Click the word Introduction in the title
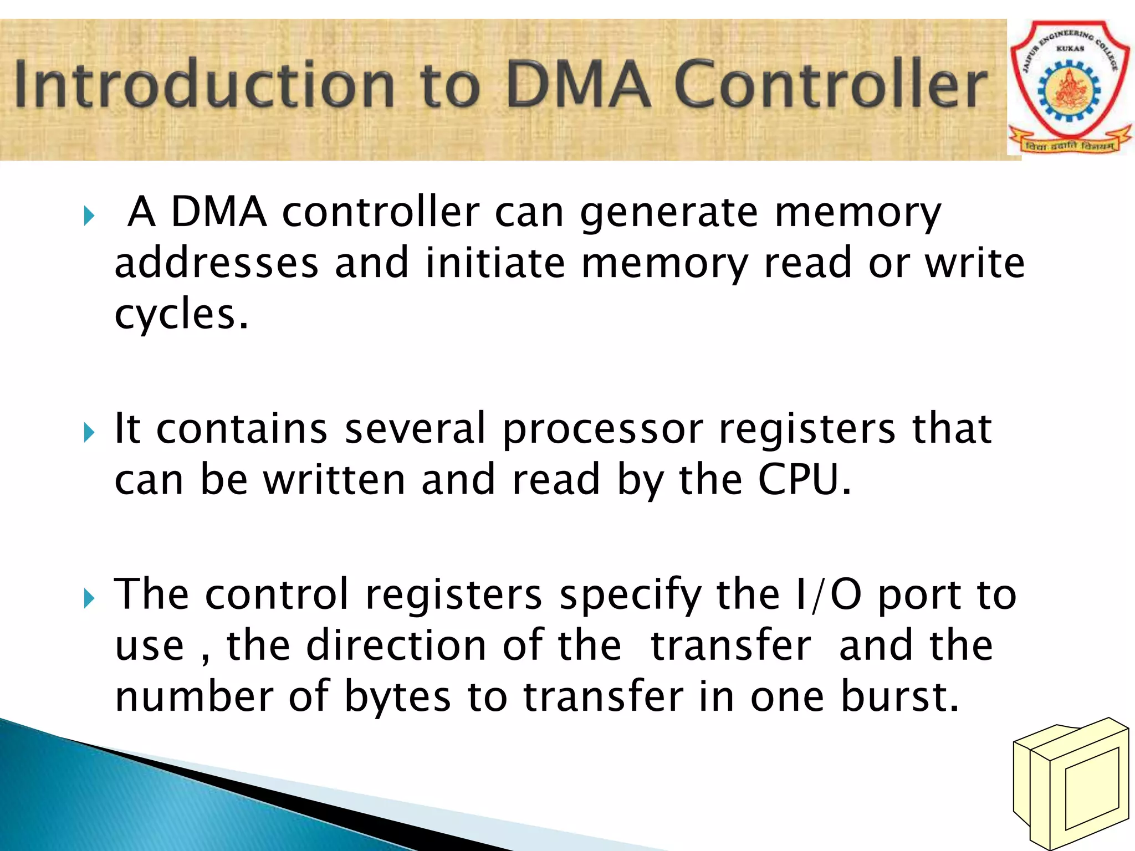pos(205,84)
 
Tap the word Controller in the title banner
pos(831,84)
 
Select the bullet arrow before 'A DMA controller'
pos(89,216)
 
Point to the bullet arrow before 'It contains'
pos(89,432)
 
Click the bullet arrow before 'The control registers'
pos(89,598)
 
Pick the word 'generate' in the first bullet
pos(668,213)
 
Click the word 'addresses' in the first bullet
pos(216,263)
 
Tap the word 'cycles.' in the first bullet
pos(181,315)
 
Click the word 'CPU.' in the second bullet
pos(804,480)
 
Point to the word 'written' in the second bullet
pos(334,480)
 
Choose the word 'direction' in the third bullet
pos(396,646)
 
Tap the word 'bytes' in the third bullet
pos(397,697)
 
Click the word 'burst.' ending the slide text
pos(899,697)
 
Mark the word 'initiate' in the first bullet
pos(495,263)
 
